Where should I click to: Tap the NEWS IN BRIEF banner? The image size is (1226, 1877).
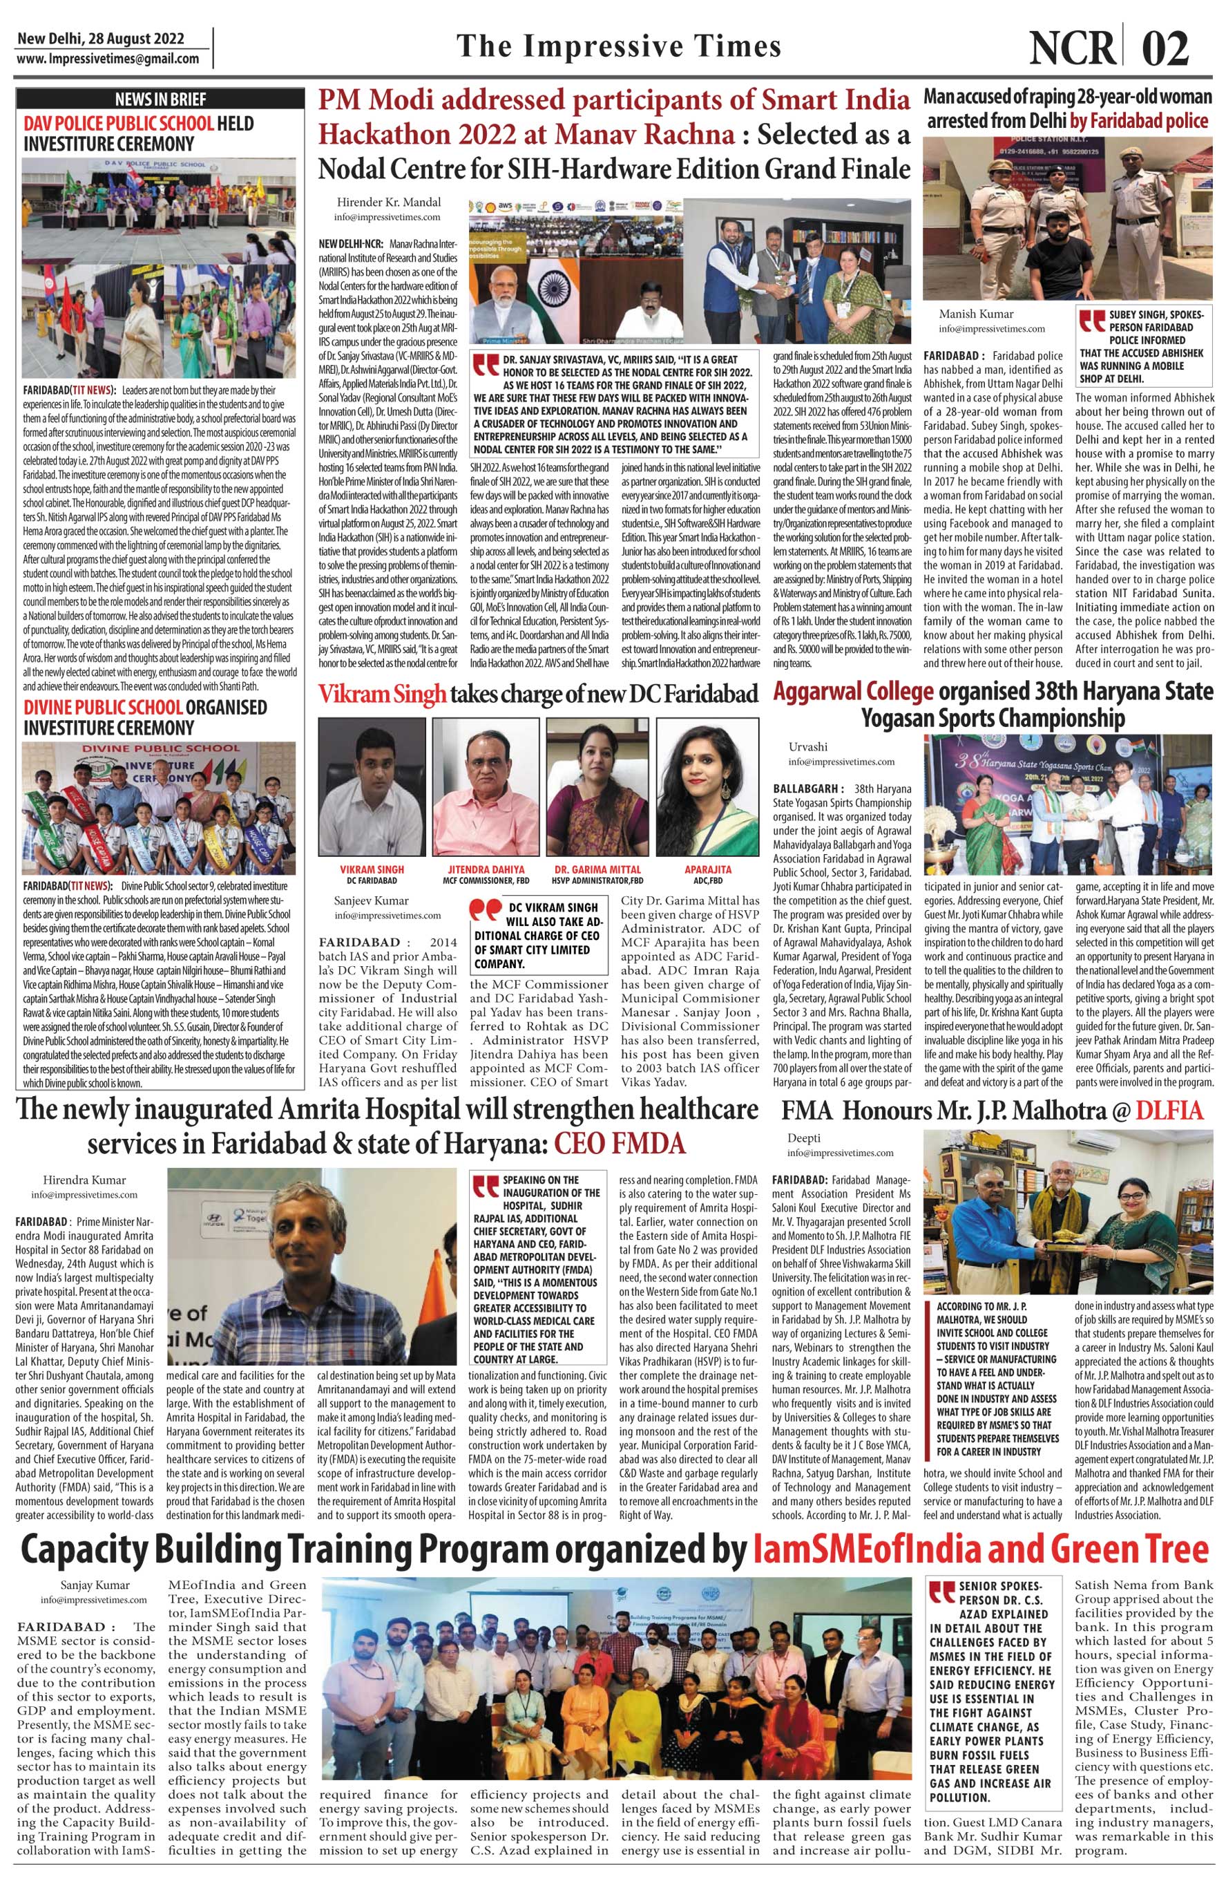(x=160, y=100)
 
